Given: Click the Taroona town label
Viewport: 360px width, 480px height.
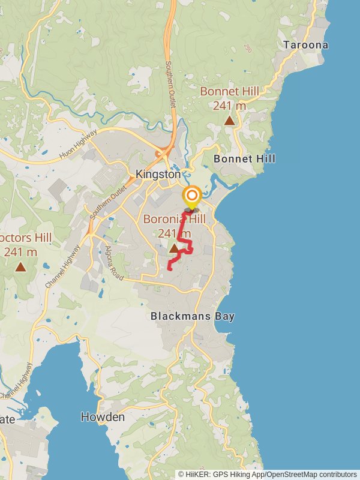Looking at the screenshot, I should point(306,45).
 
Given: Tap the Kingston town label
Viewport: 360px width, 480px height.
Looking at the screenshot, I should point(158,174).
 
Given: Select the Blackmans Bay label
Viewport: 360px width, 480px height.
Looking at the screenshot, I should point(193,316).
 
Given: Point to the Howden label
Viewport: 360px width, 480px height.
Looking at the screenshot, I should point(103,417).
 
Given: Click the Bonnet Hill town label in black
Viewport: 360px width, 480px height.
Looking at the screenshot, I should point(245,159).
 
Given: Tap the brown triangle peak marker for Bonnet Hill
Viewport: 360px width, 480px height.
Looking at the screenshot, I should point(229,121).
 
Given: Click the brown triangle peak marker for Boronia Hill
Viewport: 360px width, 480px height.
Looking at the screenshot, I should point(174,248).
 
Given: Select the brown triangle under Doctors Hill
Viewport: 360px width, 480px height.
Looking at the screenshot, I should point(20,267).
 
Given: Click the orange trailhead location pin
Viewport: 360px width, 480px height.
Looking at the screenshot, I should point(192,197).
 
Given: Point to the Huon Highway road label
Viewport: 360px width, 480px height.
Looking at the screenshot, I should point(78,146).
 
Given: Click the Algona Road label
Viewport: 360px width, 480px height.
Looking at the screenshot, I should point(114,263).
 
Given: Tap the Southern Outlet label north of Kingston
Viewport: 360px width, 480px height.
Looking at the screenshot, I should point(170,84).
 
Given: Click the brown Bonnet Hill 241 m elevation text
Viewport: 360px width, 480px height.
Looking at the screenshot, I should point(230,106).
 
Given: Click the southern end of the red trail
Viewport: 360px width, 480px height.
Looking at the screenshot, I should point(169,269).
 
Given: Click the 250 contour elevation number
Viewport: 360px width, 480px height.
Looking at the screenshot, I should point(248,48).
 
